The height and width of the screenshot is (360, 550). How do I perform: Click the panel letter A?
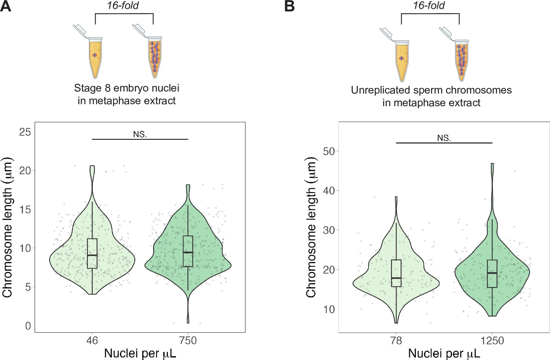coord(5,6)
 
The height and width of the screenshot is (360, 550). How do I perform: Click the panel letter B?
coord(289,6)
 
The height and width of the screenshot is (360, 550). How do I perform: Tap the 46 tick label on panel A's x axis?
coord(92,341)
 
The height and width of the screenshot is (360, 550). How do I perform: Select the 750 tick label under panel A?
coord(188,341)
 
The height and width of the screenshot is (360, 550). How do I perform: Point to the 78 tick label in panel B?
coord(396,341)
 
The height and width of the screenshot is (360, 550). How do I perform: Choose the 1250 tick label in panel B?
coord(492,341)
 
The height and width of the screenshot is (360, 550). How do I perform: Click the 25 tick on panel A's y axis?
coord(25,132)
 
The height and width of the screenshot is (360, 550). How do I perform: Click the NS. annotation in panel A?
coord(140,135)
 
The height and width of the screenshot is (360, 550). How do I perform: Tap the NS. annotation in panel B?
coord(444,138)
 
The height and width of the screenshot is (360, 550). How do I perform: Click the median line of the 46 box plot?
coord(92,255)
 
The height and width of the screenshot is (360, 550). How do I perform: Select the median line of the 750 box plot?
coord(188,253)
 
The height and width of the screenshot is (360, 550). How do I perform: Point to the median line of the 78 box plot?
coord(396,278)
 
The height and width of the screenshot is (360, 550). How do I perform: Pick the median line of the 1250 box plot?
coord(492,273)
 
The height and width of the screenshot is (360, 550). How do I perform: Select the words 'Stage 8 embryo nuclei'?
coord(126,88)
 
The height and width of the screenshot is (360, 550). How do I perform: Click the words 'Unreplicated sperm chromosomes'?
coord(431,90)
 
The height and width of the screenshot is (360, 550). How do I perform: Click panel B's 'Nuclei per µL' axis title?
coord(444,353)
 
